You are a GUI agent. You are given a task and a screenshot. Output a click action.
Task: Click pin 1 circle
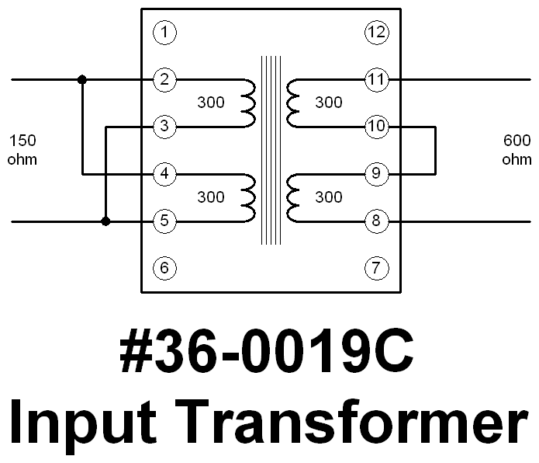coord(164,33)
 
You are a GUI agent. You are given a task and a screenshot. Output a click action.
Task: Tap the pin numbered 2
coord(164,79)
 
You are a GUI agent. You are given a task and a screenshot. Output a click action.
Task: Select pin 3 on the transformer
coord(164,127)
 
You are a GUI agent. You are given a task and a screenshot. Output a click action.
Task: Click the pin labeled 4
coord(164,174)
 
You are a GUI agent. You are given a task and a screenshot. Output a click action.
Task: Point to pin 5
coord(164,221)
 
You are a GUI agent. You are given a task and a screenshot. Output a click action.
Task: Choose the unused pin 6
coord(164,269)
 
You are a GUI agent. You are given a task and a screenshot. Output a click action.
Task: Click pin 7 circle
coord(376,269)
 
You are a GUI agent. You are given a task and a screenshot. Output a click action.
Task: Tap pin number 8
coord(376,221)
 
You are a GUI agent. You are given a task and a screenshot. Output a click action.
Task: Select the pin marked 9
coord(376,174)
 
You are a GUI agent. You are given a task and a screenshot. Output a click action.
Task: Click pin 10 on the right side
coord(376,127)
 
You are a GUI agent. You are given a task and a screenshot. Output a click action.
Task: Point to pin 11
coord(376,79)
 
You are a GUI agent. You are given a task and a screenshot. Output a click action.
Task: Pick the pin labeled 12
coord(376,33)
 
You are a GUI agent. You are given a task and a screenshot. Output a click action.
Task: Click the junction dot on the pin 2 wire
coord(82,79)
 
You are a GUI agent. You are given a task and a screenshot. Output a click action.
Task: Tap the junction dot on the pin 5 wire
coord(105,221)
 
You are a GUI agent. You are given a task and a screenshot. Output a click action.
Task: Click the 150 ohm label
coord(22,150)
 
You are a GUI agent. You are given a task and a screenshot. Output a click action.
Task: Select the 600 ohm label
coord(517,150)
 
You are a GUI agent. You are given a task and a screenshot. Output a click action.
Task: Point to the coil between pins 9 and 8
coord(293,197)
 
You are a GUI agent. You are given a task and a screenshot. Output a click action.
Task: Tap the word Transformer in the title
coord(362,423)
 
